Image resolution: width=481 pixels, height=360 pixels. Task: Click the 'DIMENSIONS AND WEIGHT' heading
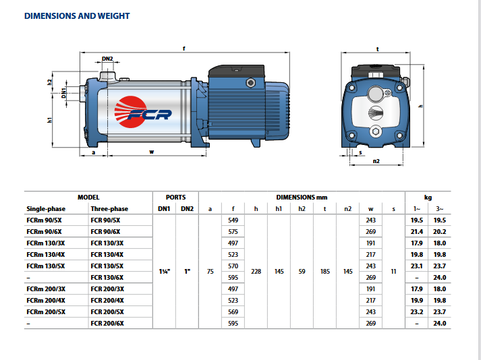pyautogui.click(x=77, y=16)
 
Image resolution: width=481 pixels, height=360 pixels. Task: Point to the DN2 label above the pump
pyautogui.click(x=107, y=59)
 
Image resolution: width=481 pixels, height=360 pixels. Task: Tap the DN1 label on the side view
pyautogui.click(x=63, y=92)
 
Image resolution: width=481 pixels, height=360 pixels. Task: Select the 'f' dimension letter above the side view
pyautogui.click(x=183, y=48)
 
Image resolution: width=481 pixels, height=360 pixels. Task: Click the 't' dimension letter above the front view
pyautogui.click(x=377, y=49)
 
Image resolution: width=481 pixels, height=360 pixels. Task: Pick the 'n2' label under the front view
pyautogui.click(x=376, y=162)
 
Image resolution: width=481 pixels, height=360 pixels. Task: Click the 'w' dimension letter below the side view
pyautogui.click(x=152, y=153)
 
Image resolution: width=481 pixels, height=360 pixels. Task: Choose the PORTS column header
pyautogui.click(x=175, y=197)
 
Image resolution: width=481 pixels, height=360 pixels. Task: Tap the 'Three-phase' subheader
pyautogui.click(x=109, y=209)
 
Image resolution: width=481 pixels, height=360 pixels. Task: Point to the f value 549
pyautogui.click(x=233, y=220)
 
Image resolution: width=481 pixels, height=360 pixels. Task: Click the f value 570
pyautogui.click(x=233, y=266)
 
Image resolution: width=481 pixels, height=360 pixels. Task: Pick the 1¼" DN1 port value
pyautogui.click(x=164, y=272)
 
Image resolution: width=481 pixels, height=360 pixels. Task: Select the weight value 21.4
pyautogui.click(x=418, y=232)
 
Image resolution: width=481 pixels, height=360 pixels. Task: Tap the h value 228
pyautogui.click(x=256, y=272)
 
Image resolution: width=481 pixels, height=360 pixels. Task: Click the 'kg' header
pyautogui.click(x=428, y=197)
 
